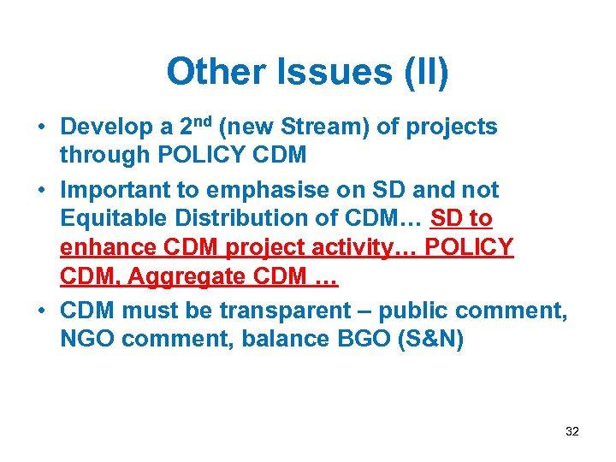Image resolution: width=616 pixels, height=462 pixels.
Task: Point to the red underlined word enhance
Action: (x=106, y=248)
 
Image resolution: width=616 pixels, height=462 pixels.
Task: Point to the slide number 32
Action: (x=572, y=431)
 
